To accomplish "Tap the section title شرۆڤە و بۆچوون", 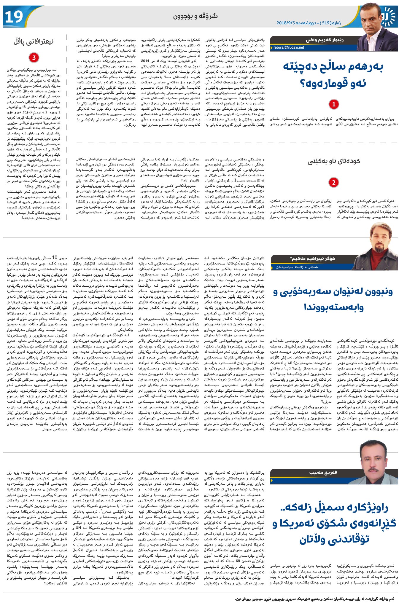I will click(195, 16).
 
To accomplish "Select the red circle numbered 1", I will click(334, 104).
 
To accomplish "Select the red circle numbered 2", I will click(334, 182).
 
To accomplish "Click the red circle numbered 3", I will click(34, 58).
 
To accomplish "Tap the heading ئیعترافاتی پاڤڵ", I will click(34, 42).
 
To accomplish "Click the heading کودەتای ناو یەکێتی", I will click(334, 161).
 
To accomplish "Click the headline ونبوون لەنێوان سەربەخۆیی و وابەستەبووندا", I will click(333, 299).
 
